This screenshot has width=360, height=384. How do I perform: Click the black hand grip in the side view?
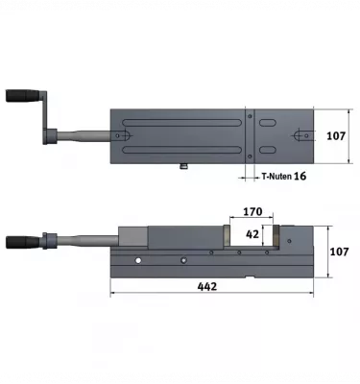(20, 240)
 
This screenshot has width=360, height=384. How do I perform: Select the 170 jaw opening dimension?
(252, 211)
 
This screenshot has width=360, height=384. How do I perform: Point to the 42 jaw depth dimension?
(252, 233)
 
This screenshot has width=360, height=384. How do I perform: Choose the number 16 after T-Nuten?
(300, 177)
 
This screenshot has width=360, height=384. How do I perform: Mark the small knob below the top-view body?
(182, 169)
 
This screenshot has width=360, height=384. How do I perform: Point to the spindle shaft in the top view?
(86, 136)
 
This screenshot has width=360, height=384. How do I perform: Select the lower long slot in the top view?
(182, 153)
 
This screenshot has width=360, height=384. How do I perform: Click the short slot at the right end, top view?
(300, 135)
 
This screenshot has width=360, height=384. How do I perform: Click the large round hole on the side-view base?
(138, 260)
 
